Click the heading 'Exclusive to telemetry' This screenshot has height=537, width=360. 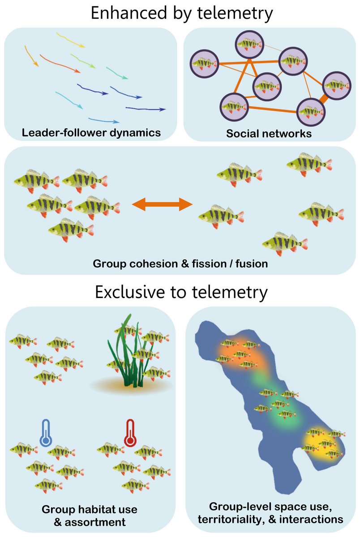181,292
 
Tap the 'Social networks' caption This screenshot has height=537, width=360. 269,133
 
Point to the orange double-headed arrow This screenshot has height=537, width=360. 162,205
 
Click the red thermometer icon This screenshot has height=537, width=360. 130,433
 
